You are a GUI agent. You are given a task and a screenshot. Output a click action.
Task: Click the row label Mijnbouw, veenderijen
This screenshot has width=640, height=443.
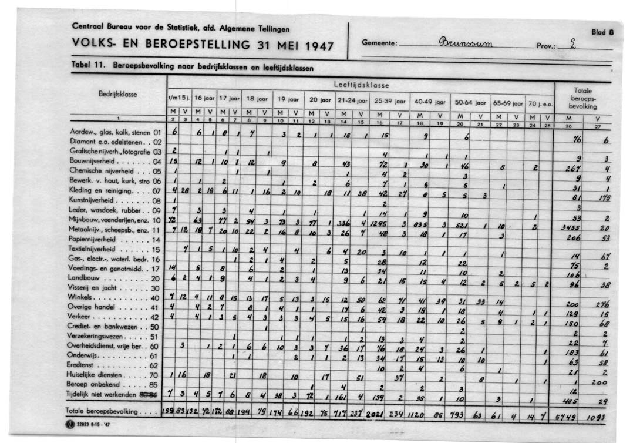[x=115, y=219]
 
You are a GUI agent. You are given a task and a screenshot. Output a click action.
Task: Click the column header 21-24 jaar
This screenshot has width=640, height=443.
[x=353, y=101]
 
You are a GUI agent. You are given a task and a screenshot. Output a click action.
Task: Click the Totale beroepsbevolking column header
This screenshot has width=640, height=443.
[x=583, y=99]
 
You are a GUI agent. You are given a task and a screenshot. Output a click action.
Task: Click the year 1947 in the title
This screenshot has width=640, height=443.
[x=312, y=46]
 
